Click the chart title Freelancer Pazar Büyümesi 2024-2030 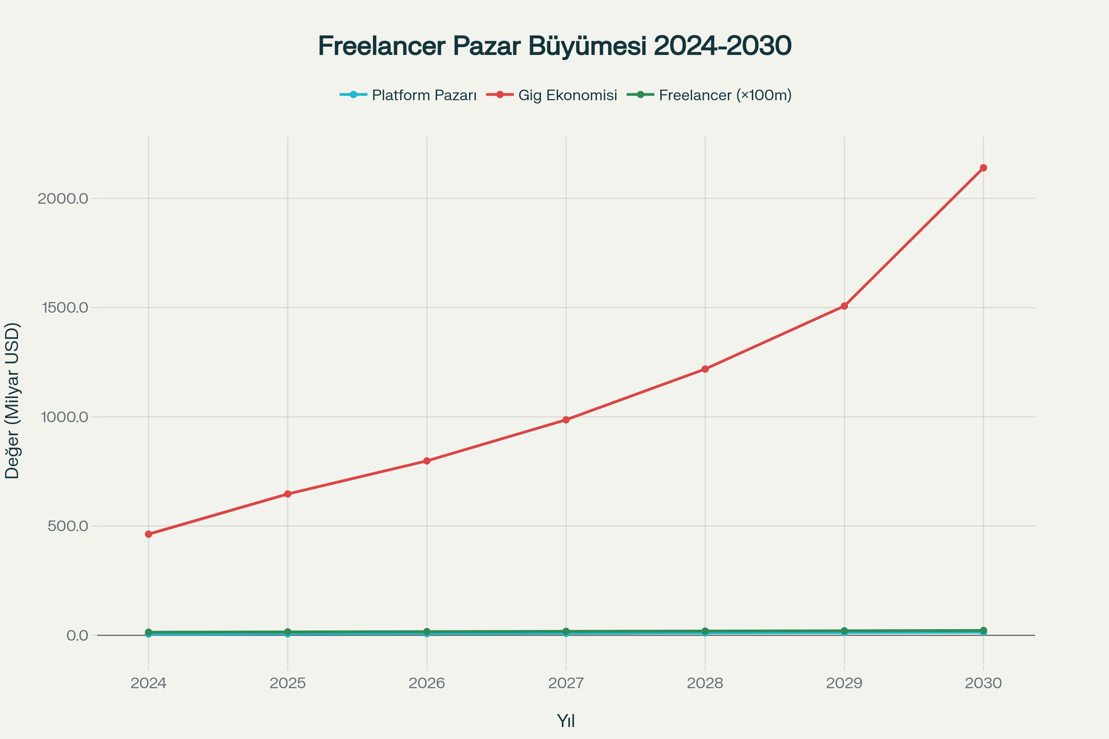click(554, 46)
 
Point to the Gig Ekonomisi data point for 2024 click(148, 534)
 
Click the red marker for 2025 click(287, 494)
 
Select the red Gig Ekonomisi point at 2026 click(427, 461)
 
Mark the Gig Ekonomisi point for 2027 click(566, 420)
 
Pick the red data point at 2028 click(705, 369)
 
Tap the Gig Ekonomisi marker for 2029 click(844, 306)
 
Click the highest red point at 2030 click(983, 168)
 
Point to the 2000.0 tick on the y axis click(63, 199)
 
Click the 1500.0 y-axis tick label click(65, 308)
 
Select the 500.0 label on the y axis click(68, 526)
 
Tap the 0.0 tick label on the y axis click(77, 636)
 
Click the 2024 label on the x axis click(148, 684)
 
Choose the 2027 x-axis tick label click(566, 684)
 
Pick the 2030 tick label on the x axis click(983, 684)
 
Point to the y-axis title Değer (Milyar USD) click(12, 400)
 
